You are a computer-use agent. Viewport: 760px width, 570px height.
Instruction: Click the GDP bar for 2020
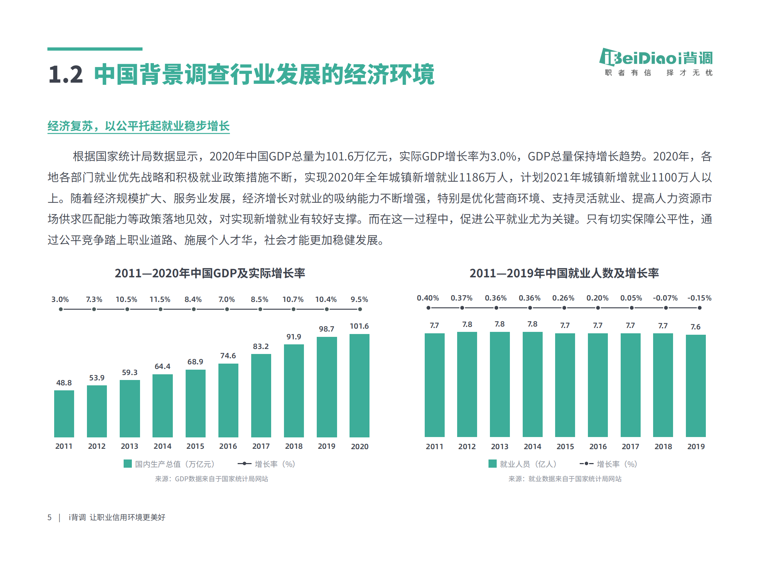point(359,385)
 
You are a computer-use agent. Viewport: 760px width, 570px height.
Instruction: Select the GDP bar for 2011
point(64,414)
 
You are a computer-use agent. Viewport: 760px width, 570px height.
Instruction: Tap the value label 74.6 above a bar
point(228,356)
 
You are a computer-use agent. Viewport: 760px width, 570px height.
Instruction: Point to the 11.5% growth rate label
point(160,299)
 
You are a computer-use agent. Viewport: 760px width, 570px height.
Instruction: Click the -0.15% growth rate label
point(699,298)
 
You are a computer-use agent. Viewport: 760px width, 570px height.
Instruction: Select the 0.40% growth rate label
point(428,298)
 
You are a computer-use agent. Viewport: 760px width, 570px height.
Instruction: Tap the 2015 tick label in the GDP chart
point(195,446)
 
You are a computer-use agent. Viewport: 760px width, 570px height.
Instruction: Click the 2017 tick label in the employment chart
point(630,447)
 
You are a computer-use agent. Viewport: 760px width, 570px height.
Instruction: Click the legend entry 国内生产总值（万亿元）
point(170,464)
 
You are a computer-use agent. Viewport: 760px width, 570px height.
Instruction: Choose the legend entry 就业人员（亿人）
point(523,464)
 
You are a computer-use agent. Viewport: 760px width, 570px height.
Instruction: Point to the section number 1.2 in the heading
point(66,75)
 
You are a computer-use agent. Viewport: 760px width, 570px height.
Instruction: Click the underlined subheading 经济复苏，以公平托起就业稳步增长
point(138,126)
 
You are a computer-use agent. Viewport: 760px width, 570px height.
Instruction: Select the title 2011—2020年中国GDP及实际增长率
point(210,273)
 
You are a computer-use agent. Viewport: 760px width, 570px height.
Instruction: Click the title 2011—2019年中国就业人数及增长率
point(564,273)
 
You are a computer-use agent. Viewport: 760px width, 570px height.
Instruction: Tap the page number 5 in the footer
point(50,517)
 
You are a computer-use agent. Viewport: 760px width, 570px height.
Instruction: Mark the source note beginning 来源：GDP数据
point(211,479)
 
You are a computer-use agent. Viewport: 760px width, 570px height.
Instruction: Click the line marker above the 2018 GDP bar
point(294,309)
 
